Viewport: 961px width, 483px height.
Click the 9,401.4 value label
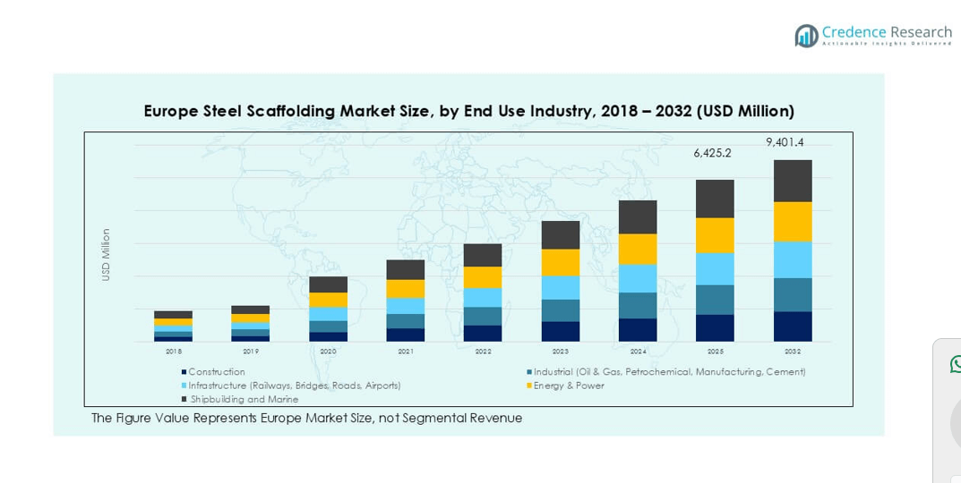785,142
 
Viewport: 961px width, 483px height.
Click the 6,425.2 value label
712,153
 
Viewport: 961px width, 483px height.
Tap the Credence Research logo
872,36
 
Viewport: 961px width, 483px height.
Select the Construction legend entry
216,372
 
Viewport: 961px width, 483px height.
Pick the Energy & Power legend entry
568,386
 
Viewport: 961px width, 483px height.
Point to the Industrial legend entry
668,372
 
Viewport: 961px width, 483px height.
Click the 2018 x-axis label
173,352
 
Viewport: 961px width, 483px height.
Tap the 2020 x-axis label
328,352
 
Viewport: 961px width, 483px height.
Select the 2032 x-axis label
793,352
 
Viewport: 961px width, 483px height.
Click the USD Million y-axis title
106,255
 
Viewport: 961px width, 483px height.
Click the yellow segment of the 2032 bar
793,222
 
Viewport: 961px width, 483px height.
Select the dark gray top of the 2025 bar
715,199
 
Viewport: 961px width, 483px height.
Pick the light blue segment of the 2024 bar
638,278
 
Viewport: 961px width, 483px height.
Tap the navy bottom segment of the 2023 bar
560,331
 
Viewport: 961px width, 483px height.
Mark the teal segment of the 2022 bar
483,316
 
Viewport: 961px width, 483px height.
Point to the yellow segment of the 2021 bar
405,288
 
